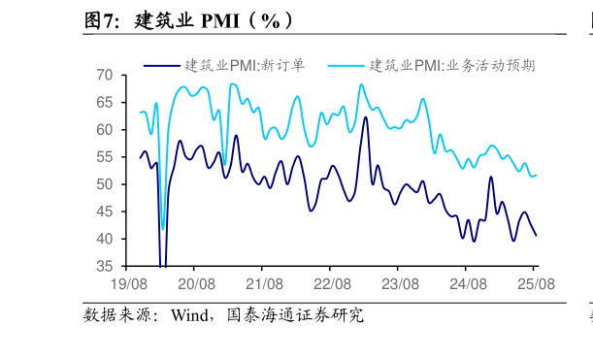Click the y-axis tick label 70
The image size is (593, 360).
click(x=105, y=76)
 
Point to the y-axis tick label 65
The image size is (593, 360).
click(x=105, y=103)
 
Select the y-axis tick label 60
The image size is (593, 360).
click(x=105, y=130)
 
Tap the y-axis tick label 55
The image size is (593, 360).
click(x=105, y=157)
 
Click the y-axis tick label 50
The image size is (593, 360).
click(x=105, y=184)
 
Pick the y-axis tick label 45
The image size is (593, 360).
click(x=105, y=212)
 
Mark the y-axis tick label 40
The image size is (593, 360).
click(x=105, y=239)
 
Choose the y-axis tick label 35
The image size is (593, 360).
click(x=105, y=266)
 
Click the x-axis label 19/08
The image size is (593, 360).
click(x=129, y=284)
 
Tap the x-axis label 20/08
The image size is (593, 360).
click(x=196, y=284)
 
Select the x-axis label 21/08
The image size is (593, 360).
click(x=264, y=284)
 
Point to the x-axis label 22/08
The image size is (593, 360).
click(x=332, y=284)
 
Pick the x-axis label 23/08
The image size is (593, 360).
click(x=400, y=284)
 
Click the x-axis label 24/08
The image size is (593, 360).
click(x=468, y=284)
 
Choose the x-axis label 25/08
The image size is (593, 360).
click(x=535, y=284)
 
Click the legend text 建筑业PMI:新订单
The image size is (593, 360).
click(x=245, y=66)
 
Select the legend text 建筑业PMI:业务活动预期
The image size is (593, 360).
click(x=451, y=66)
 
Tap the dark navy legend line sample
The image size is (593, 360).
click(x=161, y=66)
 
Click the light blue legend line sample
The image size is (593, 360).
click(x=346, y=66)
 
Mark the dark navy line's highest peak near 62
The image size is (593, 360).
click(x=366, y=117)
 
